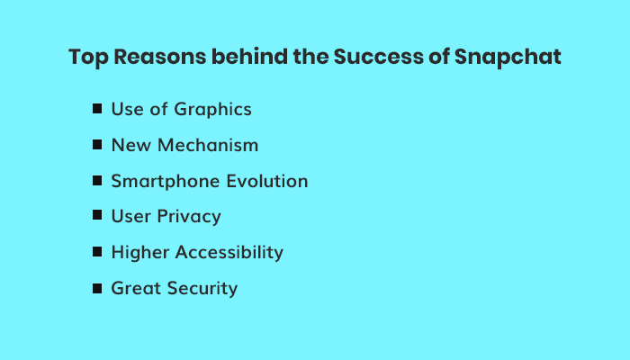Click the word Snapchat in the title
tap(508, 57)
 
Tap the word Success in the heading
tap(379, 56)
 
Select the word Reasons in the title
tap(160, 56)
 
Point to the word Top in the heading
tap(88, 57)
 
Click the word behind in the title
tap(249, 56)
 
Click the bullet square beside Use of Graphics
tap(97, 109)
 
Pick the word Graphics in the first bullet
tap(213, 110)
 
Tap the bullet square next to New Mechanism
tap(97, 145)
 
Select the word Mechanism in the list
tap(208, 145)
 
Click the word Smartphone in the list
tap(166, 182)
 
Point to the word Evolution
tap(267, 181)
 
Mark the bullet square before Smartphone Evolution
tap(97, 181)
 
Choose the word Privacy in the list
tap(189, 217)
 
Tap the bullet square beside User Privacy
tap(97, 215)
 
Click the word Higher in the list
tap(140, 253)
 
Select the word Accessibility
tap(229, 253)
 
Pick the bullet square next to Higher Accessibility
tap(97, 252)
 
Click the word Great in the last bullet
tap(136, 288)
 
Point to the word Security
tap(202, 289)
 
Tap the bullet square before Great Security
tap(97, 289)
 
